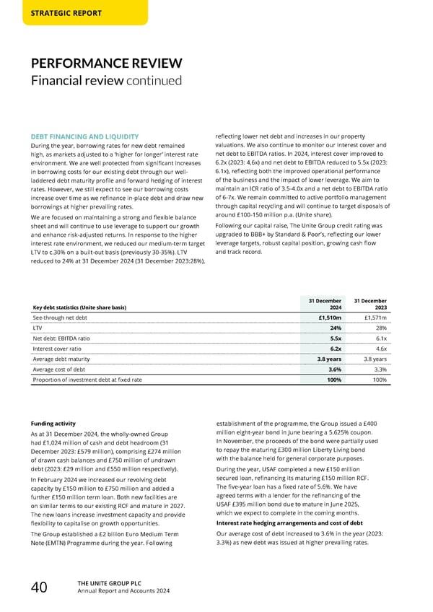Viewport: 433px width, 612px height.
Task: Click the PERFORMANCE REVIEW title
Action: [107, 64]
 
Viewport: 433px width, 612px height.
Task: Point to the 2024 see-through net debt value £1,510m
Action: [330, 317]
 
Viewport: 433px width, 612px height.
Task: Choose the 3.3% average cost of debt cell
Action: [380, 369]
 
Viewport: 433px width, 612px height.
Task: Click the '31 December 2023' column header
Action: [371, 305]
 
